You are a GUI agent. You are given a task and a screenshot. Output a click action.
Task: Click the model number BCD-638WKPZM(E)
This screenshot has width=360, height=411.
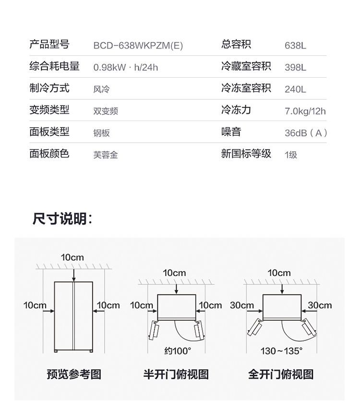click(x=138, y=46)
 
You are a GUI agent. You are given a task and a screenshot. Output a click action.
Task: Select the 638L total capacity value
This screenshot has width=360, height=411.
click(x=295, y=46)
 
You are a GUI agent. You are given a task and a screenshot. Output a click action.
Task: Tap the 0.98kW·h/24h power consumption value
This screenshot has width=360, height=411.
click(x=126, y=67)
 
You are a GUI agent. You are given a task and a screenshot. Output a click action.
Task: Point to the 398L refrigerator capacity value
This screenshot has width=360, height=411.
click(x=295, y=67)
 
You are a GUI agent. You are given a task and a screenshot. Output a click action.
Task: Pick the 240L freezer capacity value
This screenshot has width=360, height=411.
click(x=295, y=89)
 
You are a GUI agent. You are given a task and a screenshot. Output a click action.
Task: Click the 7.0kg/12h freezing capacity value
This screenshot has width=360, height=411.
click(x=305, y=111)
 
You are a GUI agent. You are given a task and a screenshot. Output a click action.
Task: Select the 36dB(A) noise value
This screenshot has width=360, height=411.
click(x=306, y=133)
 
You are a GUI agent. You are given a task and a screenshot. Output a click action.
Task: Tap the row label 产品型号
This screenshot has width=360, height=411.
click(x=49, y=44)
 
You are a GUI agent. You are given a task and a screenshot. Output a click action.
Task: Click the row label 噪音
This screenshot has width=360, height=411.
click(x=231, y=132)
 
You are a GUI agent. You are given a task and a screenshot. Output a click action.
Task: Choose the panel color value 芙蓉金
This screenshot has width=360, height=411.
click(x=106, y=155)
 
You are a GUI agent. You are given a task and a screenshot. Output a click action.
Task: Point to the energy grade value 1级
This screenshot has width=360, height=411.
click(x=291, y=155)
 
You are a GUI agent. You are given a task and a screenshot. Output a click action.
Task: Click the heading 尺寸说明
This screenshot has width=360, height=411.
click(x=62, y=218)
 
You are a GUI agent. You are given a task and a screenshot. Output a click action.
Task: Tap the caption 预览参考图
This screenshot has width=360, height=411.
click(x=74, y=374)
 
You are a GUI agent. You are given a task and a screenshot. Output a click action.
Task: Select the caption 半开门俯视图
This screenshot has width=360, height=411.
click(x=176, y=374)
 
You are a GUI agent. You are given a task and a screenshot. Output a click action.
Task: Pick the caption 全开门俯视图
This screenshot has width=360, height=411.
click(x=281, y=374)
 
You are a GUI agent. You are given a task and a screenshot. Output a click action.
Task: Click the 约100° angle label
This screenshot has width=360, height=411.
click(x=178, y=351)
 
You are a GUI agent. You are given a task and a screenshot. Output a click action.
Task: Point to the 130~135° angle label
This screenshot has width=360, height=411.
click(x=281, y=351)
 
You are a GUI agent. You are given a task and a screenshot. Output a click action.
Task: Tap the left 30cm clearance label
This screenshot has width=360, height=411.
click(x=242, y=305)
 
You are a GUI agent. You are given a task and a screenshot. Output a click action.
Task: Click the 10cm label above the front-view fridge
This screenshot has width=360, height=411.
click(x=72, y=257)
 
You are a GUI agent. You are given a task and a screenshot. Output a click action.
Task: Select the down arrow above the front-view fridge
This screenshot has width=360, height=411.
click(x=74, y=276)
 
